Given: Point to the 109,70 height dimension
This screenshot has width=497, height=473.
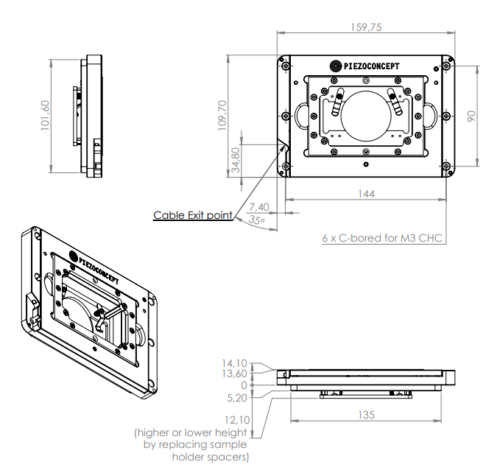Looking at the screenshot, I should (222, 115).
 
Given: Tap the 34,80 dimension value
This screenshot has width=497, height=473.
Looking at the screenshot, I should (235, 160).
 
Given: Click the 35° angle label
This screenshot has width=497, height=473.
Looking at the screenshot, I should (255, 220).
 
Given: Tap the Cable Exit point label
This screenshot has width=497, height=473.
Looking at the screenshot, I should (192, 216).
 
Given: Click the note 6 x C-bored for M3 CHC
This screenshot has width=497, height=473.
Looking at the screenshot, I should (384, 238).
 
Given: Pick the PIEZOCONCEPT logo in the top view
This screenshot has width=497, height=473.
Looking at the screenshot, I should (365, 66).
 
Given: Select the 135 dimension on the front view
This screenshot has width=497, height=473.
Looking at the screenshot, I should (365, 415).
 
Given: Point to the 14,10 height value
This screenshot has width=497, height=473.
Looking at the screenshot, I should (235, 363).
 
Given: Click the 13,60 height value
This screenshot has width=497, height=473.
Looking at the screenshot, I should (235, 374).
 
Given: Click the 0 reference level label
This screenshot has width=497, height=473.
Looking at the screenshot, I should (244, 385).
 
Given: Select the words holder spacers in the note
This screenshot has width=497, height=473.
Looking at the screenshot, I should (210, 457).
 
